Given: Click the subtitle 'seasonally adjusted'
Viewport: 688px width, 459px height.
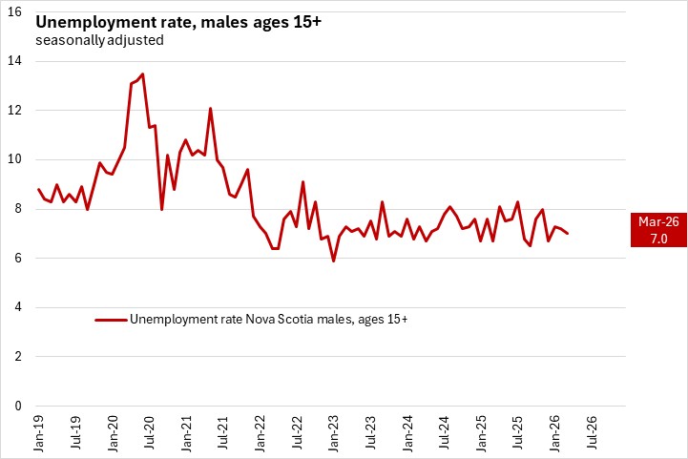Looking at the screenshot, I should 99,41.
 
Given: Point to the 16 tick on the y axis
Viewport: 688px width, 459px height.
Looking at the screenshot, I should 16,11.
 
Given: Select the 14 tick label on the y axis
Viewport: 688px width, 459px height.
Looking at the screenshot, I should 16,61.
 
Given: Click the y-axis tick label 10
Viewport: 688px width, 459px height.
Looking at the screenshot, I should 16,159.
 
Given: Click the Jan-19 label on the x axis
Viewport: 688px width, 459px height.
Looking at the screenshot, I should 39,434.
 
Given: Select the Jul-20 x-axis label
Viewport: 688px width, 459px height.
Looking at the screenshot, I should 150,434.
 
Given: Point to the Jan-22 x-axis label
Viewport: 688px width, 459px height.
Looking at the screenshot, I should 260,434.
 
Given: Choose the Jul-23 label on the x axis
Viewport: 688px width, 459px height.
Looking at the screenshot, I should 370,434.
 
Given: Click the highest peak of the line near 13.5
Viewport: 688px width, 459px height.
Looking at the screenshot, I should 142,73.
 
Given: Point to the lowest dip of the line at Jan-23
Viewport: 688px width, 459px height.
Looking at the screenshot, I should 333,261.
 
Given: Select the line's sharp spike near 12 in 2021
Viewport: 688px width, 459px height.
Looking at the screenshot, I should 210,109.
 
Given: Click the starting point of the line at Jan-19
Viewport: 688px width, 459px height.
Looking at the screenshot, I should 39,189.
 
